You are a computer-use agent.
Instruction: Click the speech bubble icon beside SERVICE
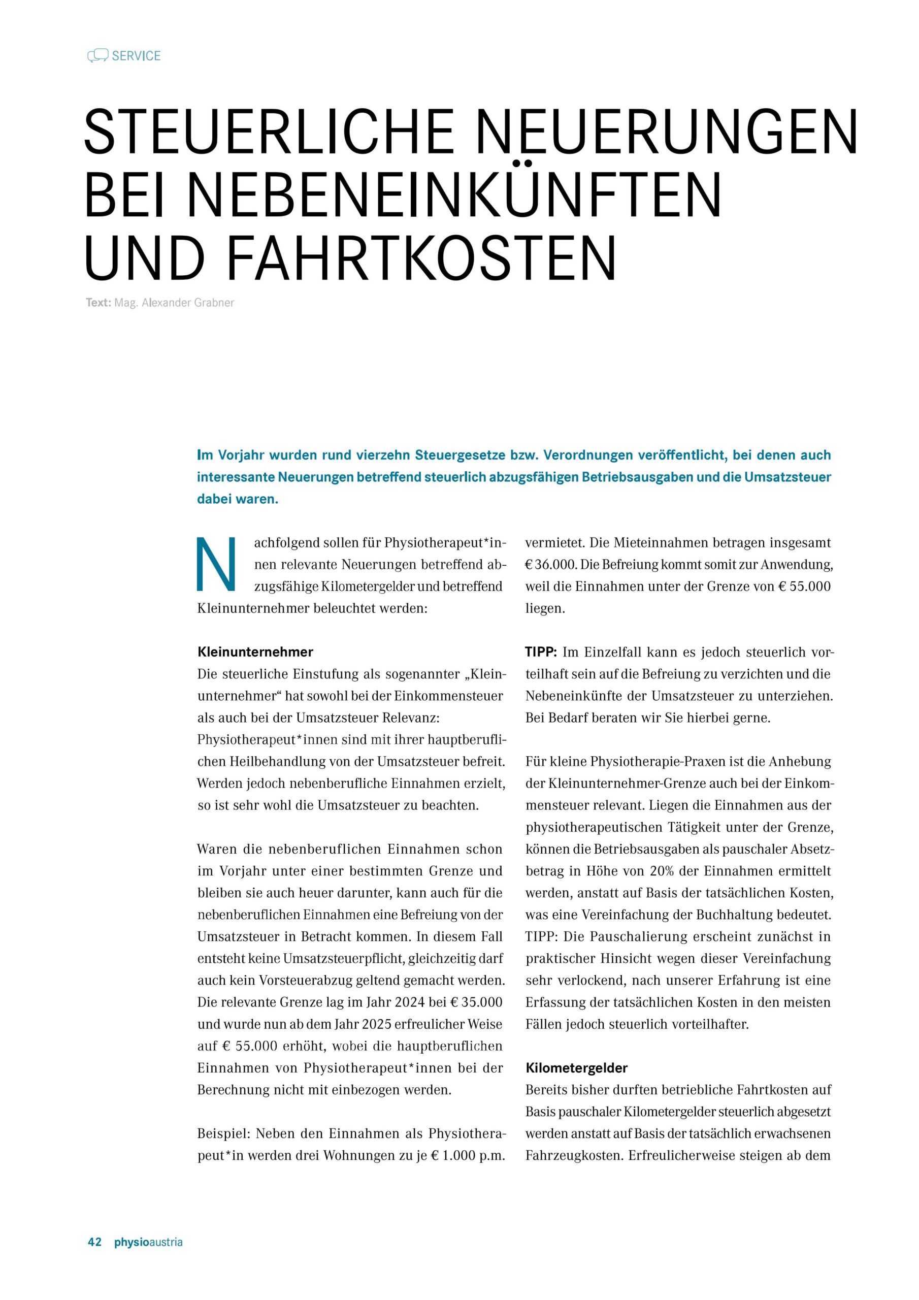point(98,55)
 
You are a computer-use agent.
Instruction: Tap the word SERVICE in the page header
point(137,55)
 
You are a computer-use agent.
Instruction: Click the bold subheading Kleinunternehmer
point(255,652)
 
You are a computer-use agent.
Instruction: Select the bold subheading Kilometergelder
point(576,1068)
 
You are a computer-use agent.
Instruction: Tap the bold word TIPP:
point(541,652)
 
